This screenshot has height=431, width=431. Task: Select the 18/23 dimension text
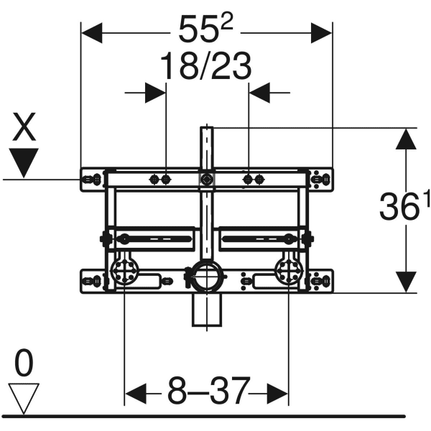pyautogui.click(x=205, y=68)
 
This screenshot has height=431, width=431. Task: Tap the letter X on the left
pyautogui.click(x=25, y=129)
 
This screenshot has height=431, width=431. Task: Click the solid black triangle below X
pyautogui.click(x=25, y=162)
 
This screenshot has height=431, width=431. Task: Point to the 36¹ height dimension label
pyautogui.click(x=399, y=208)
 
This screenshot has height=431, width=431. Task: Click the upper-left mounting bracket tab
pyautogui.click(x=92, y=178)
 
